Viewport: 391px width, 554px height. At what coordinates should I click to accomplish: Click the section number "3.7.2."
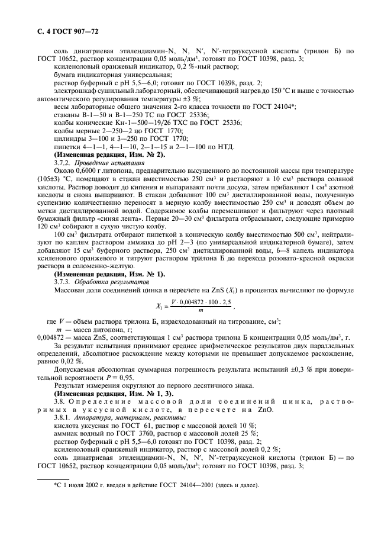(64, 161)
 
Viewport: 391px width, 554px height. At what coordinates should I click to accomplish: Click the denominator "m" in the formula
(201, 310)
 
